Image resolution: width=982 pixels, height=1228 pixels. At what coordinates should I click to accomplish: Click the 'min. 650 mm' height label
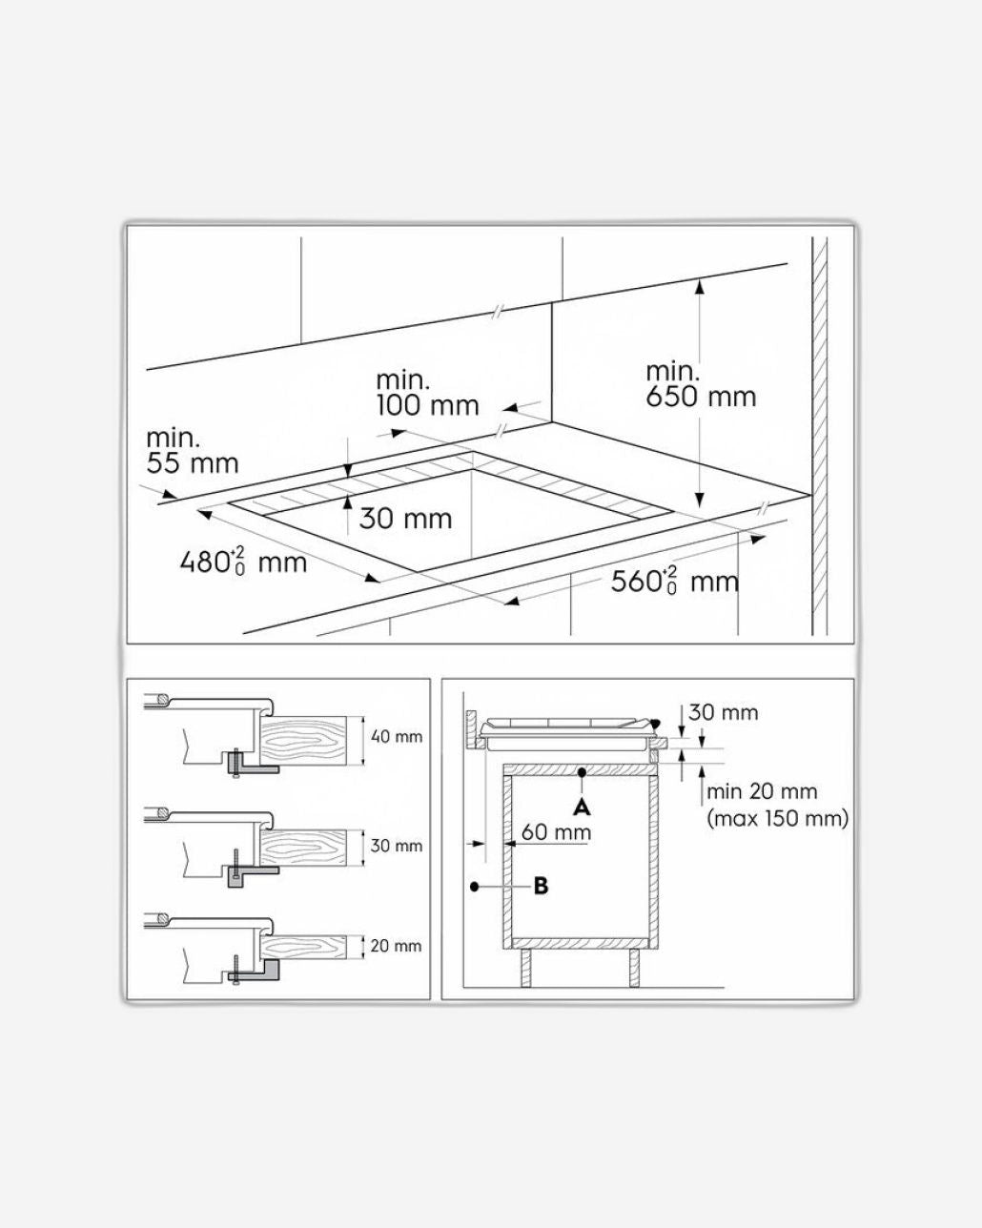coord(700,384)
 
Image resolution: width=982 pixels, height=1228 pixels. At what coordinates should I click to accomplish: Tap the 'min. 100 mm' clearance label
coord(426,393)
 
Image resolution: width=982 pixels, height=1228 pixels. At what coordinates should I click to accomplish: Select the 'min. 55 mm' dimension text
coord(192,451)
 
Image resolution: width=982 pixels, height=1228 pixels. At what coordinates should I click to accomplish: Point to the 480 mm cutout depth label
coord(243,561)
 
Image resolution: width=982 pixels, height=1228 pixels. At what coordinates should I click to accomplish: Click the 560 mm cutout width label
coord(674,580)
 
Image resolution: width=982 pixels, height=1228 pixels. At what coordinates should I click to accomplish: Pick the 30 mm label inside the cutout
coord(405,519)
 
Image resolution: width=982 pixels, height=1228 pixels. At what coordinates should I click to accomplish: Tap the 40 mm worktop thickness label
coord(396,737)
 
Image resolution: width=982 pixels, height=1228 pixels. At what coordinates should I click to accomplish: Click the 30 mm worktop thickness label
coord(396,846)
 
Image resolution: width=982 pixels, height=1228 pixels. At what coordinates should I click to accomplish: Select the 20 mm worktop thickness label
coord(396,946)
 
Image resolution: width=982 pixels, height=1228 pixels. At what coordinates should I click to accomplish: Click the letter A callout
coord(582,807)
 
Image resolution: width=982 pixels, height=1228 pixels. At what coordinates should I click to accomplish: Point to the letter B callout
coord(541,886)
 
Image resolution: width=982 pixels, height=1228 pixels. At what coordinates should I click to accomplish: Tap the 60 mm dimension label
coord(556,832)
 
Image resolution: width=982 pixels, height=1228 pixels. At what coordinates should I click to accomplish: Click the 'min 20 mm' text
coord(762,791)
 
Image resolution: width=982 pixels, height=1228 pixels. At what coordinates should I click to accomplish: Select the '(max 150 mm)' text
coord(777,818)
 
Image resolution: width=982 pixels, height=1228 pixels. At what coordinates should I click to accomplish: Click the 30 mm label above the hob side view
coord(723,712)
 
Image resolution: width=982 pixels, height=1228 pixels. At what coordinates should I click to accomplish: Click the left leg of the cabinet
coord(526,967)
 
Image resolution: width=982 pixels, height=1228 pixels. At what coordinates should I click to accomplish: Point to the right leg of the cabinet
coord(634,967)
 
